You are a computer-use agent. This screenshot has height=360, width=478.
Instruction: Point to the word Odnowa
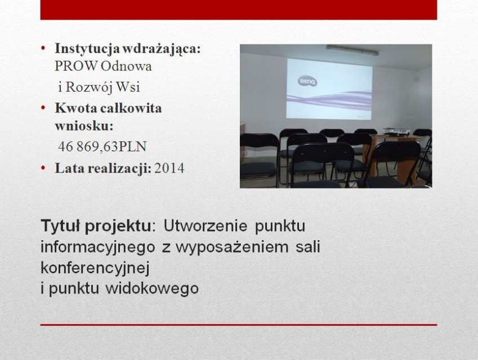click(x=126, y=66)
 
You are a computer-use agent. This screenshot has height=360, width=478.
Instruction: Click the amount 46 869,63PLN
click(x=102, y=146)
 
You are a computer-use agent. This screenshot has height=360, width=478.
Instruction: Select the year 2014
click(x=169, y=168)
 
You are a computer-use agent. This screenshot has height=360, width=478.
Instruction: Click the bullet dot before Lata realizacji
click(x=43, y=168)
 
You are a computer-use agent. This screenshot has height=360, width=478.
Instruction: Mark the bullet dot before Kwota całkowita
click(x=43, y=107)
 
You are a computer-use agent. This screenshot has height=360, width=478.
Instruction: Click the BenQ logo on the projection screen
click(x=307, y=82)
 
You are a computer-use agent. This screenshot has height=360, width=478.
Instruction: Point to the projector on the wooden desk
click(x=396, y=132)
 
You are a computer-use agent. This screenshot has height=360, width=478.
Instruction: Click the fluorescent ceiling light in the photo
click(x=352, y=50)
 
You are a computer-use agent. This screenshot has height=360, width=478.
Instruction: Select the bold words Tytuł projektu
click(x=96, y=226)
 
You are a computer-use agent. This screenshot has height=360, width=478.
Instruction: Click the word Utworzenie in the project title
click(x=205, y=226)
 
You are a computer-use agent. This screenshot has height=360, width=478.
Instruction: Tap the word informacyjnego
click(x=98, y=247)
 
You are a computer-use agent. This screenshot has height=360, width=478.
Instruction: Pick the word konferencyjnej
click(x=95, y=268)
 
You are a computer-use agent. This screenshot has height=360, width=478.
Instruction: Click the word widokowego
click(x=152, y=289)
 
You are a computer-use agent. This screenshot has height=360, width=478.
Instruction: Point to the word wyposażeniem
click(x=232, y=247)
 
